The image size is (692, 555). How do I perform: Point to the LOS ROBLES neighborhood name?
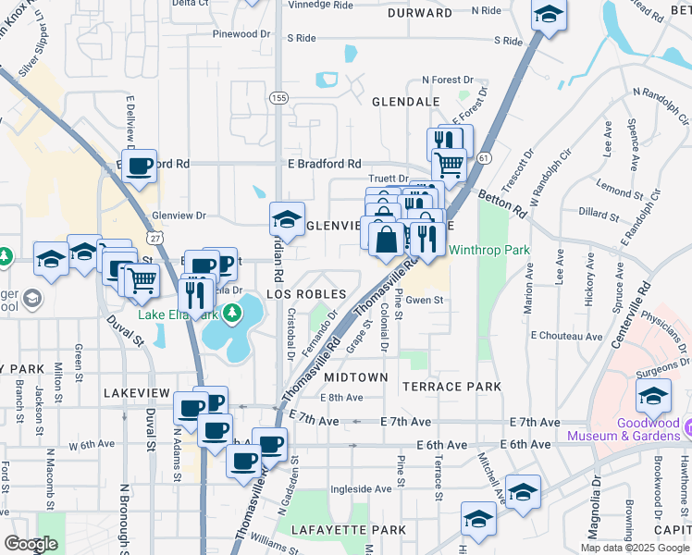pyautogui.click(x=306, y=294)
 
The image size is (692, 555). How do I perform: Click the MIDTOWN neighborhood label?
pyautogui.click(x=355, y=377)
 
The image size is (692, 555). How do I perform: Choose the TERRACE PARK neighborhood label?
pyautogui.click(x=451, y=386)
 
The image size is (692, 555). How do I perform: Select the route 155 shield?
pyautogui.click(x=278, y=96)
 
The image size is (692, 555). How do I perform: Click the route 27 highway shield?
pyautogui.click(x=158, y=239)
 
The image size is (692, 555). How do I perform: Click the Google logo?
pyautogui.click(x=31, y=543)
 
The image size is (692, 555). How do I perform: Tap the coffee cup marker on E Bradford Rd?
pyautogui.click(x=139, y=166)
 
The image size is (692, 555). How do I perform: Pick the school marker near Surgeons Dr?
pyautogui.click(x=653, y=396)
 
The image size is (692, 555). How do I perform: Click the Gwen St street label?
pyautogui.click(x=426, y=301)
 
